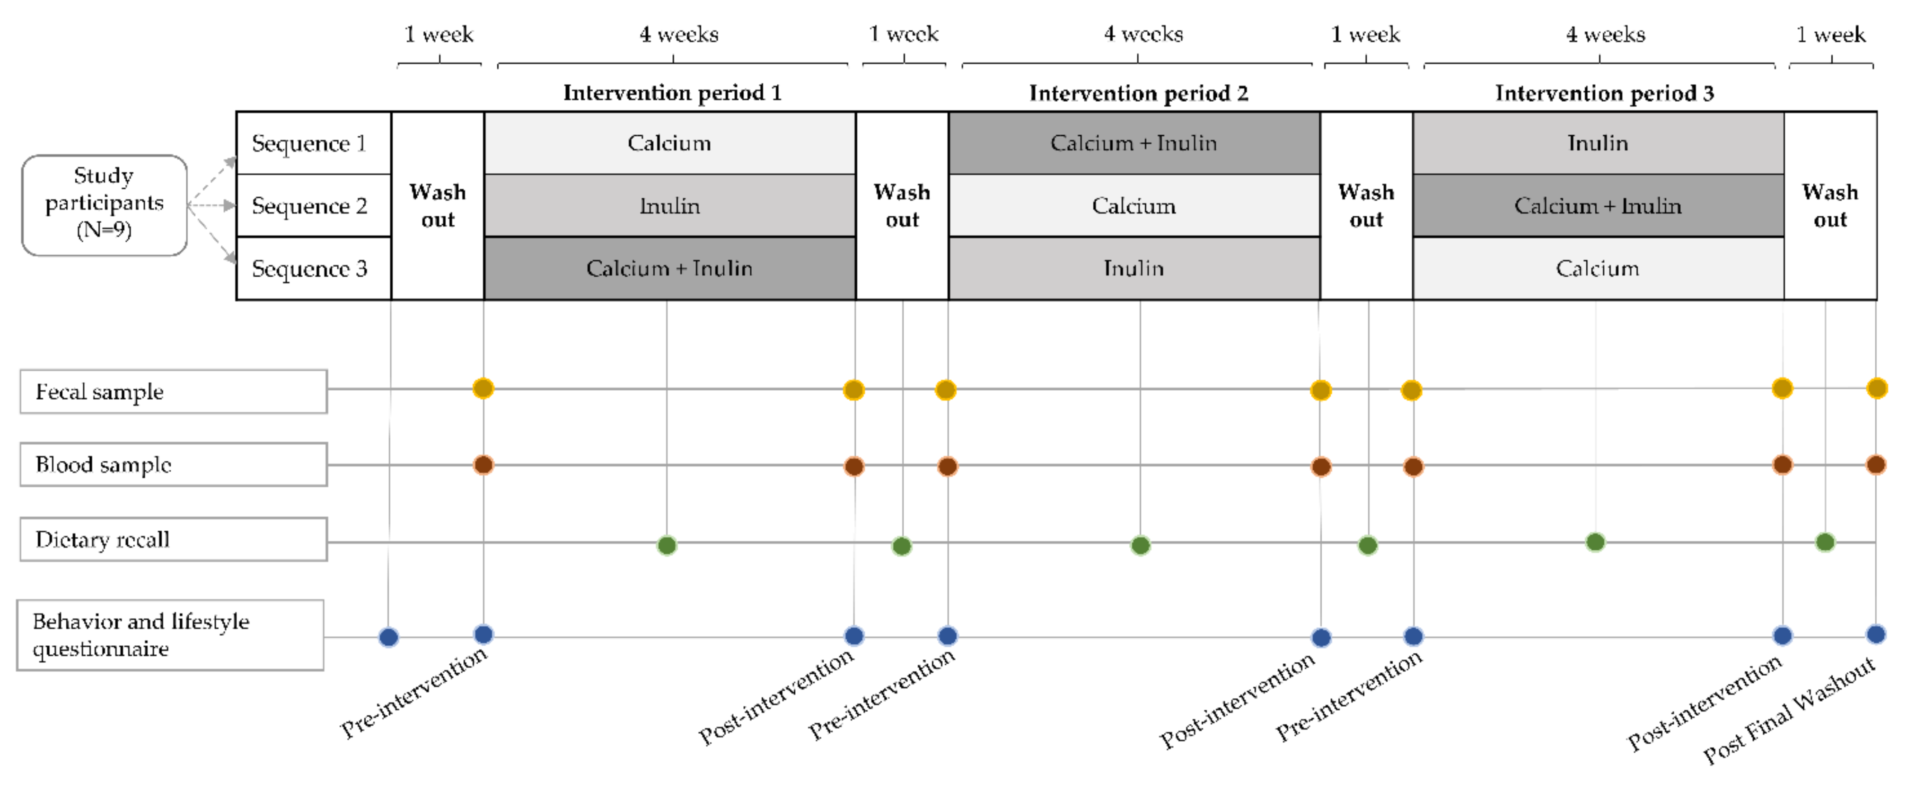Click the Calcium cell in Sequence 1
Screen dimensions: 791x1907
coord(669,143)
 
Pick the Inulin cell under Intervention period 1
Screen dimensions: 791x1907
coord(669,205)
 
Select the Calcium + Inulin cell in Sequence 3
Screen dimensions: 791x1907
coord(669,268)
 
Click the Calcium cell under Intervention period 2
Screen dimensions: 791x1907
coord(1134,205)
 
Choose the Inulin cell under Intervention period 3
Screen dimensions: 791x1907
coord(1598,143)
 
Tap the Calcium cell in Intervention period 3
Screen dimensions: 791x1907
coord(1598,268)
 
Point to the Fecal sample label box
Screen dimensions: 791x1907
coord(173,391)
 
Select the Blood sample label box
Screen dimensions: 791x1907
coord(173,465)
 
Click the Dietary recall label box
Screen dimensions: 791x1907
coord(173,539)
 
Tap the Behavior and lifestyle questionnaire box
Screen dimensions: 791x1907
coord(170,635)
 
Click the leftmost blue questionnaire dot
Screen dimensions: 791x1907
coord(389,637)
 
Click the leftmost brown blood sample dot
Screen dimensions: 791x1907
coord(483,465)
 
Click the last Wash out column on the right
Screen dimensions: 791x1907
coord(1830,205)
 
